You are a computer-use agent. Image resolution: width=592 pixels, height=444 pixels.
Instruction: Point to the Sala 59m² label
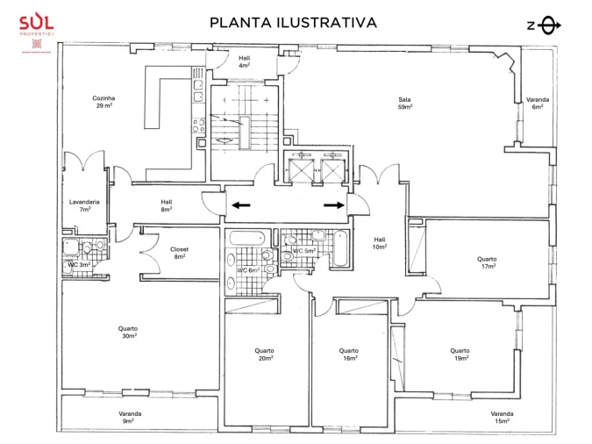tap(405, 104)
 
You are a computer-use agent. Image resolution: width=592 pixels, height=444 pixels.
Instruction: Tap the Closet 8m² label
tap(181, 253)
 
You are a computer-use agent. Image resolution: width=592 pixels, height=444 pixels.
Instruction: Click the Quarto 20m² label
tap(265, 354)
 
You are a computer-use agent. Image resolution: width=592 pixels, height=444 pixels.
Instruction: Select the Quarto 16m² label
tap(349, 354)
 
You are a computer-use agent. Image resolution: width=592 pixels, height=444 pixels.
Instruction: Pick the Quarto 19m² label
tap(460, 354)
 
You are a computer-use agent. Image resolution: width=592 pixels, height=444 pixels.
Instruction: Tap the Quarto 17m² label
tap(487, 262)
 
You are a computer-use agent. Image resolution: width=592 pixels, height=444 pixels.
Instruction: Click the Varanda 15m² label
tap(502, 417)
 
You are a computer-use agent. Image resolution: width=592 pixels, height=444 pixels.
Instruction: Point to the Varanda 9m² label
tap(130, 417)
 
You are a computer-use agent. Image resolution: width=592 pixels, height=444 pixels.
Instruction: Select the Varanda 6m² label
tap(537, 104)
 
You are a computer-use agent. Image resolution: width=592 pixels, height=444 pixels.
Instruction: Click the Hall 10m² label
tap(380, 243)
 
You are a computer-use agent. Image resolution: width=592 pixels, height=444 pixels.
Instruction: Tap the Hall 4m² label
tap(245, 61)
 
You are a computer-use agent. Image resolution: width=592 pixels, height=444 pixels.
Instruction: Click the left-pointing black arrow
tap(240, 205)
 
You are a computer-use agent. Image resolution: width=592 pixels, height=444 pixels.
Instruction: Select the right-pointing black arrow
tap(334, 205)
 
